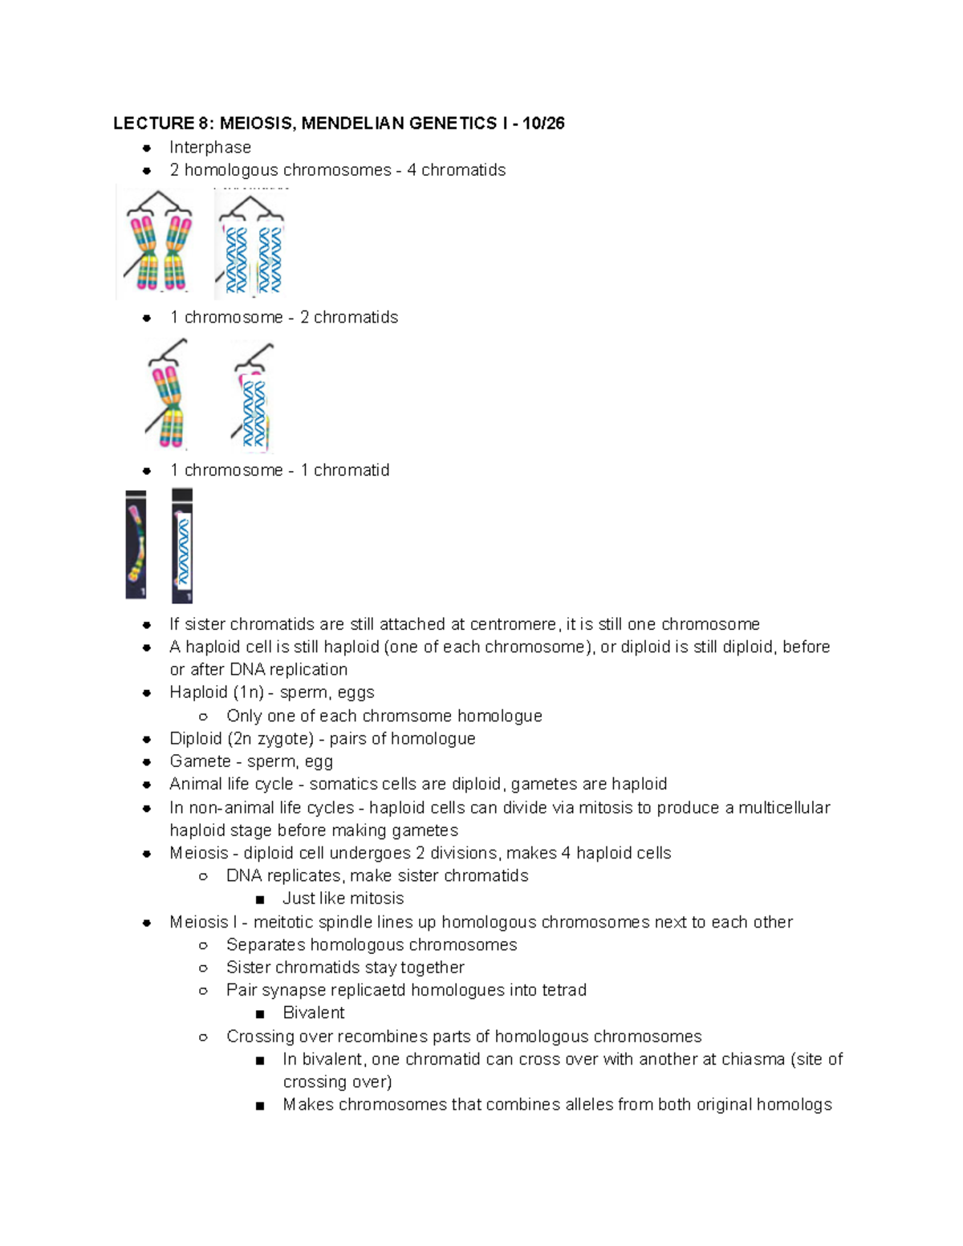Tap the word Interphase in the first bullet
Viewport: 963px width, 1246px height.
pyautogui.click(x=210, y=148)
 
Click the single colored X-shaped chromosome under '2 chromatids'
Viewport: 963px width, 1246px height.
pyautogui.click(x=168, y=396)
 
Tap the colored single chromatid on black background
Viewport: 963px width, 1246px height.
pyautogui.click(x=136, y=545)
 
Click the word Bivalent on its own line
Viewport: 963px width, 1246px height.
pyautogui.click(x=314, y=1013)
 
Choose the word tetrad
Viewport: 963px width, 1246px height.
pyautogui.click(x=564, y=990)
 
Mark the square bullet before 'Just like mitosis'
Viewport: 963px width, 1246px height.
pyautogui.click(x=259, y=899)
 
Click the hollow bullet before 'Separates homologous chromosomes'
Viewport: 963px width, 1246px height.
pyautogui.click(x=204, y=945)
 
